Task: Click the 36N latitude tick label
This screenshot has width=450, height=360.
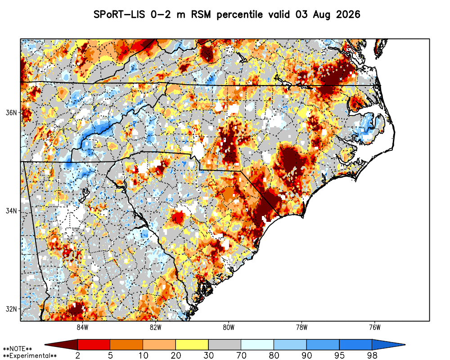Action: tap(11, 112)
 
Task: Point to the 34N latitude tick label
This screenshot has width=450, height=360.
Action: tap(11, 211)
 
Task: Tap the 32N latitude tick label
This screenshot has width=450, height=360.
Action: tap(11, 309)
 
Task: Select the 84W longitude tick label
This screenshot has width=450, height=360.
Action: tap(82, 327)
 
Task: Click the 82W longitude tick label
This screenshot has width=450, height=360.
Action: tap(156, 327)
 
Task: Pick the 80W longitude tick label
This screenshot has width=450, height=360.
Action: tap(229, 327)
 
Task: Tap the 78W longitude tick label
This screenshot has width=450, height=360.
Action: tap(301, 327)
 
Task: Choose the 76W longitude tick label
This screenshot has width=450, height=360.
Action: tap(375, 327)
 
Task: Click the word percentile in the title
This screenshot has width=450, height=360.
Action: tap(239, 15)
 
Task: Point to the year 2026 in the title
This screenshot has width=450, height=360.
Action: tap(348, 14)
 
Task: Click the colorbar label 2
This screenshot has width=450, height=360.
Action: tap(78, 355)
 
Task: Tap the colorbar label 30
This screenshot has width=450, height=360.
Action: tap(208, 355)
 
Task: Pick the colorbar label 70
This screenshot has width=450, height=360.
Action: tap(241, 355)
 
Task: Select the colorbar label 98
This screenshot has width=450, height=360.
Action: tap(372, 355)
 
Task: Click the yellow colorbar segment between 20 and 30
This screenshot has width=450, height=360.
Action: tap(192, 345)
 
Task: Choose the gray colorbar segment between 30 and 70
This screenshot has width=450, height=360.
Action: tap(225, 345)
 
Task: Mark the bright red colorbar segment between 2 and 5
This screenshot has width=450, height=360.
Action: tap(94, 345)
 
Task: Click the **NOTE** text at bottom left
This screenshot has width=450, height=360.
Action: tap(17, 349)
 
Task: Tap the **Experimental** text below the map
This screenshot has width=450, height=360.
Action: tap(30, 356)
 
